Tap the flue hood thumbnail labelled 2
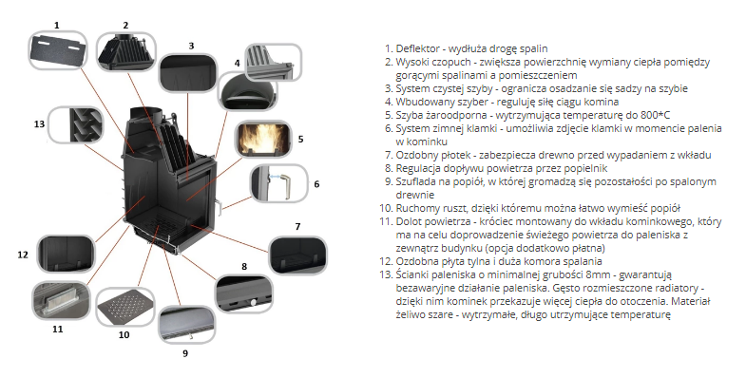pyautogui.click(x=125, y=53)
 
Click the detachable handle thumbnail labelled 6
pyautogui.click(x=278, y=184)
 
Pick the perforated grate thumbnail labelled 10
pyautogui.click(x=125, y=307)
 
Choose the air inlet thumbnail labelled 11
pyautogui.click(x=61, y=301)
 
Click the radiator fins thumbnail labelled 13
pyautogui.click(x=76, y=125)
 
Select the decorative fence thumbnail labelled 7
pyautogui.click(x=297, y=255)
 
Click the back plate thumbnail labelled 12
pyautogui.click(x=66, y=255)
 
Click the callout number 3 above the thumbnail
pyautogui.click(x=191, y=46)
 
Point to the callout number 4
pyautogui.click(x=237, y=63)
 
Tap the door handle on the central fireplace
pyautogui.click(x=220, y=204)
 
